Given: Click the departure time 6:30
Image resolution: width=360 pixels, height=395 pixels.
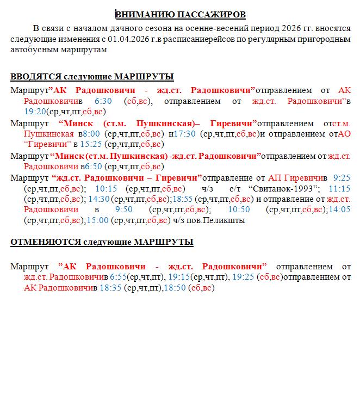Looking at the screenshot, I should pyautogui.click(x=103, y=101).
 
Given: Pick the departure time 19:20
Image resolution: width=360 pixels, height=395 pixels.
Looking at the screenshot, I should pyautogui.click(x=34, y=112).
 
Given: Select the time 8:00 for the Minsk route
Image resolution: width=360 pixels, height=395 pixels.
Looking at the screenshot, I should pyautogui.click(x=92, y=134).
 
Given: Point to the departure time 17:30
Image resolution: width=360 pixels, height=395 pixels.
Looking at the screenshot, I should pyautogui.click(x=186, y=134).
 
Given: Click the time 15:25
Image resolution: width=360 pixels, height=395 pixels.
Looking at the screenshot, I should pyautogui.click(x=91, y=145).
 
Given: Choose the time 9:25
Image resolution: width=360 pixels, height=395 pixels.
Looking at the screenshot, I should pyautogui.click(x=342, y=177).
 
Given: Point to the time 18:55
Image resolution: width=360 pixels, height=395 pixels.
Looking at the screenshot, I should pyautogui.click(x=184, y=199).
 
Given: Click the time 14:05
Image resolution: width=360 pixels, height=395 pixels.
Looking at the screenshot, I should pyautogui.click(x=340, y=210).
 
